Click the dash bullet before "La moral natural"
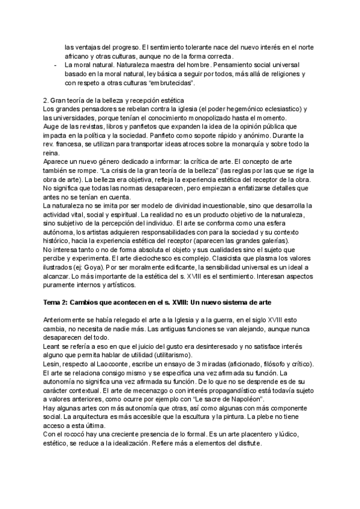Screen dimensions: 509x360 [x=56, y=64]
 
